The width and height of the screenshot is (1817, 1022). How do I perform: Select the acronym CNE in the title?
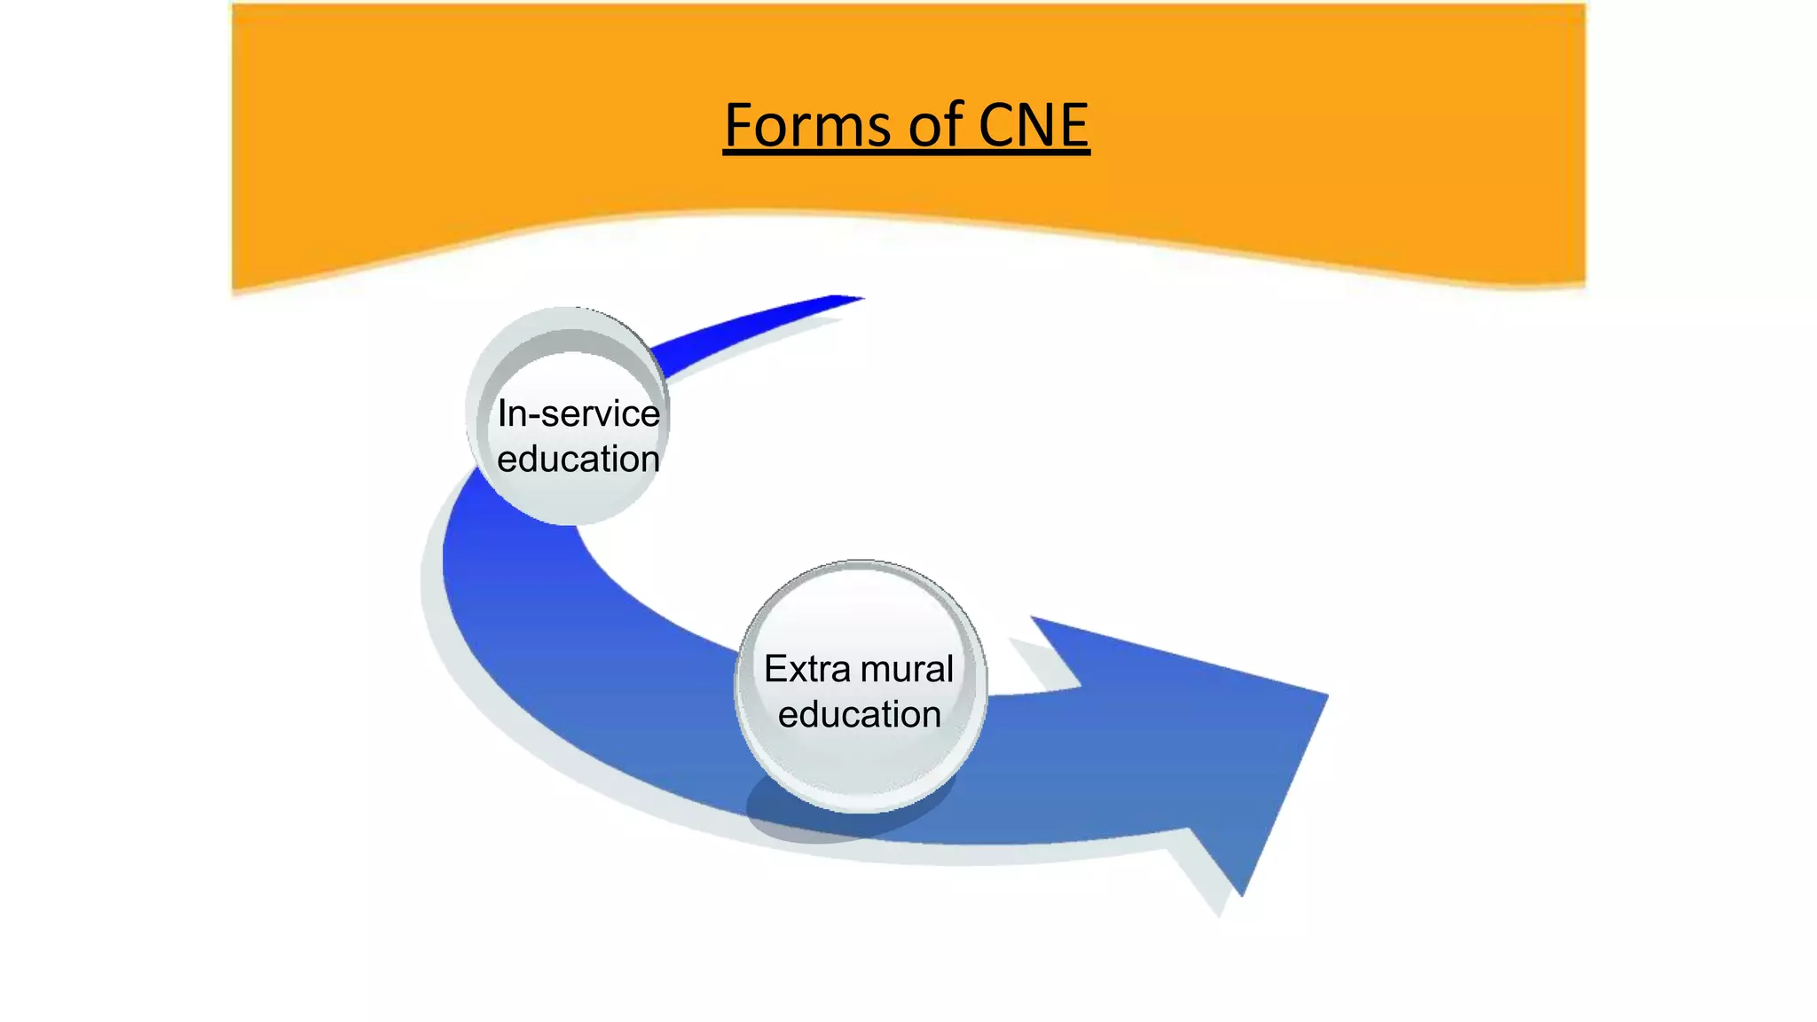(x=1033, y=125)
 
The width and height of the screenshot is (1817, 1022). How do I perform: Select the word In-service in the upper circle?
(x=578, y=413)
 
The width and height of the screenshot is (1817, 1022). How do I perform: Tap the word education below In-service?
(x=578, y=459)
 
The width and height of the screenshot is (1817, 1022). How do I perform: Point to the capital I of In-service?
(x=503, y=413)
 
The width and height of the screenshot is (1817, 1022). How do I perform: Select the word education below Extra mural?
(x=859, y=714)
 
